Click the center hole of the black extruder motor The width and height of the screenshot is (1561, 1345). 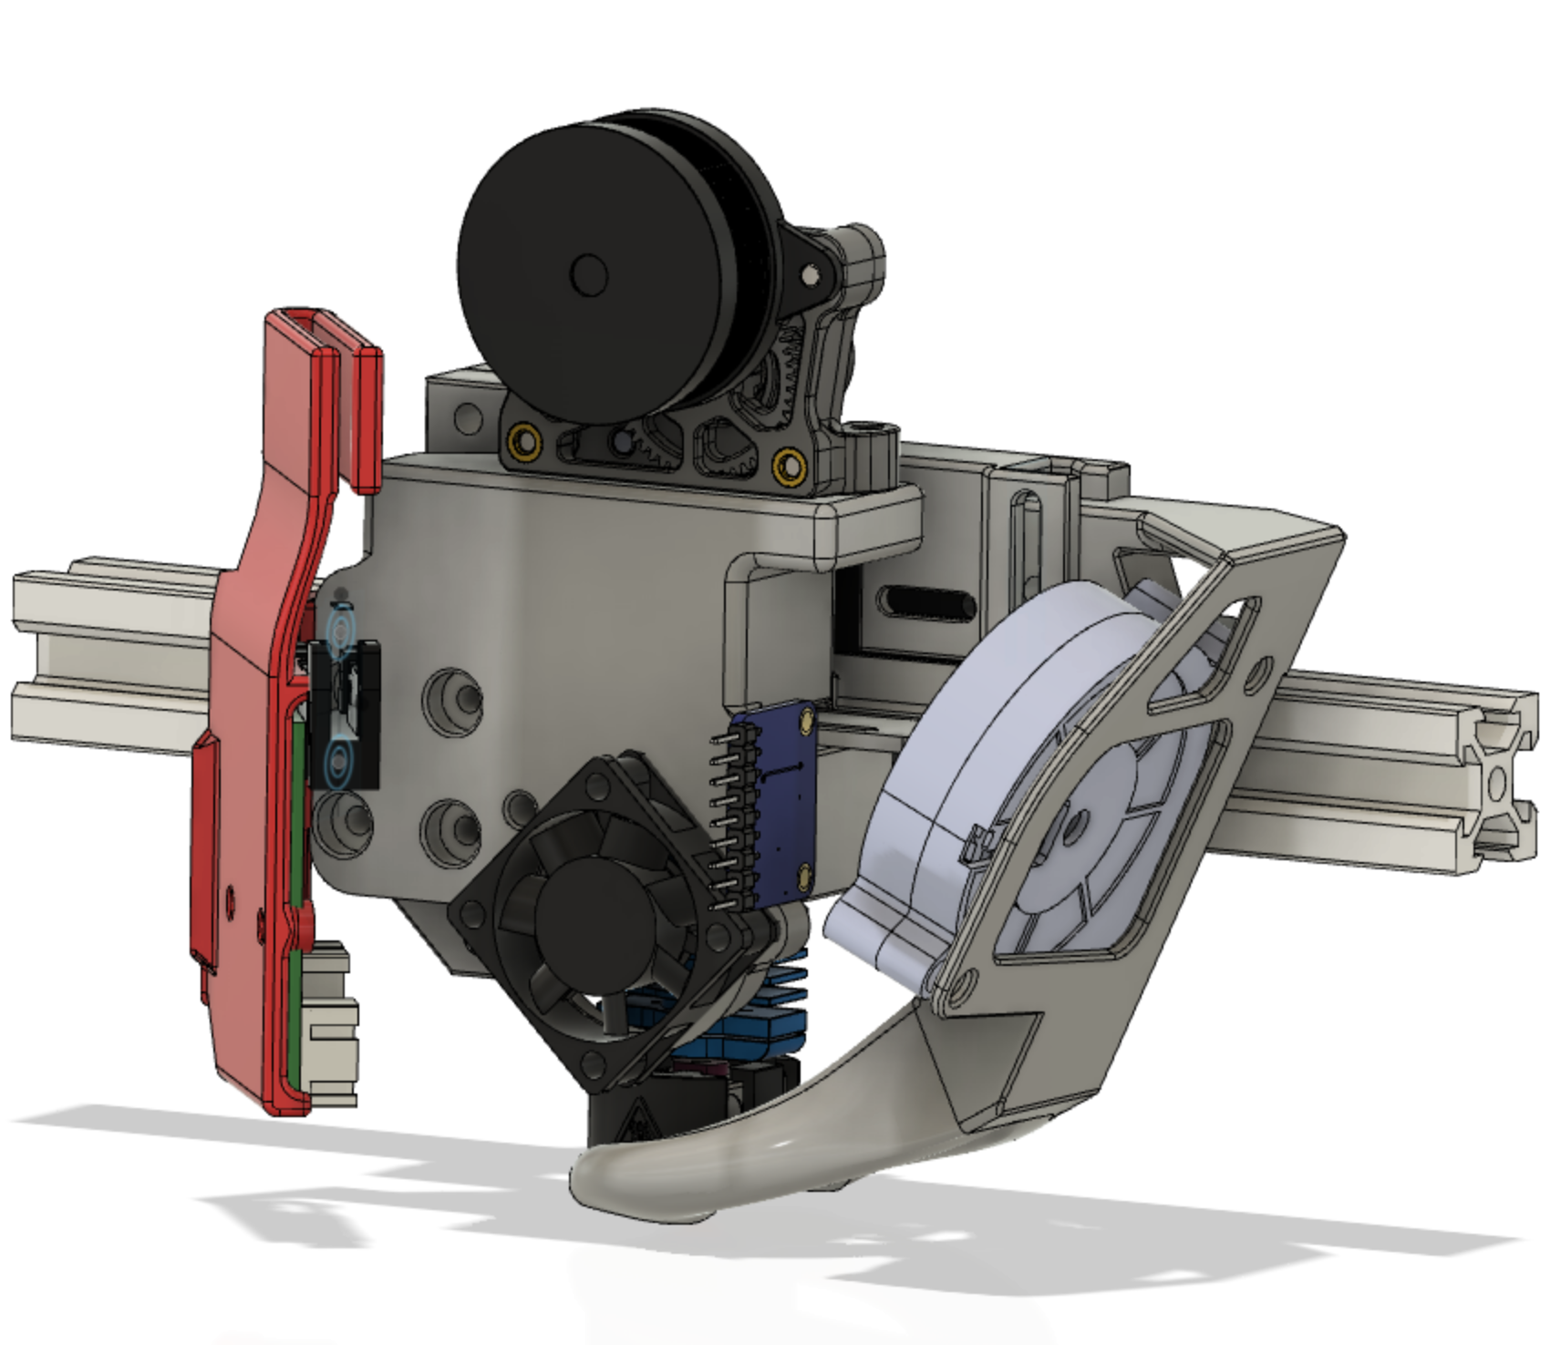pos(589,272)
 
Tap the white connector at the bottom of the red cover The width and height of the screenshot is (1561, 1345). pos(333,1025)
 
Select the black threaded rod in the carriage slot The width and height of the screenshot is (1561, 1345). pos(925,601)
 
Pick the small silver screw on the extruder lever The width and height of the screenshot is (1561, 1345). pos(810,272)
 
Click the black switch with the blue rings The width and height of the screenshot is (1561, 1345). pos(346,711)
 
